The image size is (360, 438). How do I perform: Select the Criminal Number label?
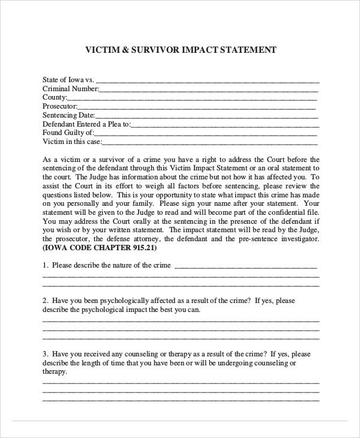70,88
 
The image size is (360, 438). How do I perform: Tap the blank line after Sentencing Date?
207,118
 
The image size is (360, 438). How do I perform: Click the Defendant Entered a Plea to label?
86,124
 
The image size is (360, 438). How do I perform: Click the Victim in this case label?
72,142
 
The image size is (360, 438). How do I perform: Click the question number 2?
45,300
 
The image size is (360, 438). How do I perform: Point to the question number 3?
45,353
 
